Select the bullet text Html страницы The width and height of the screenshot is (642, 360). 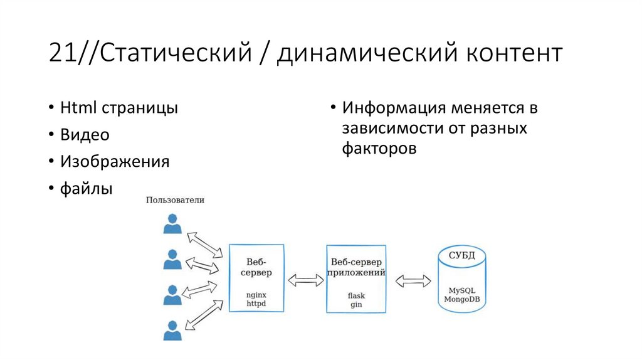(x=119, y=107)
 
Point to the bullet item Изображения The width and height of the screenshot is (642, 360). (x=115, y=161)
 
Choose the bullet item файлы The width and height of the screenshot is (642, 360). (x=87, y=188)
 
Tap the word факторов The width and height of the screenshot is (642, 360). (x=379, y=149)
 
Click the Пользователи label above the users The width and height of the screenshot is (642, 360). (x=175, y=200)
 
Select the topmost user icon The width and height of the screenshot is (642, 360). (x=172, y=224)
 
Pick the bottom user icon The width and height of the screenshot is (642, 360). (x=172, y=330)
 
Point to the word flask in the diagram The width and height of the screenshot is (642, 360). (x=356, y=295)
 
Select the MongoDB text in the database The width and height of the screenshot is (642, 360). (x=462, y=299)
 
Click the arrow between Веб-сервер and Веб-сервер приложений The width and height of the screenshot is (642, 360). (x=305, y=280)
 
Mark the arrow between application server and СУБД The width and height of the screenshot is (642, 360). (x=413, y=280)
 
